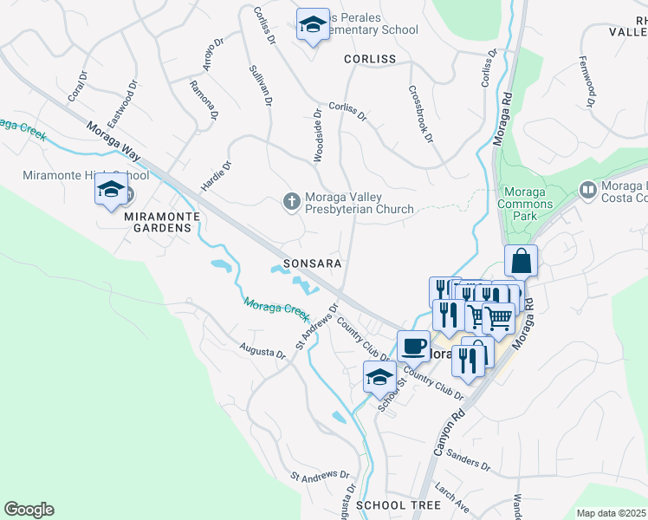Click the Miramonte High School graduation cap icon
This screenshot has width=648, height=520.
pos(111,190)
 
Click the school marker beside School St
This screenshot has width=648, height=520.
pos(379,378)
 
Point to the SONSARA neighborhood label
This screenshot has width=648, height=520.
pos(309,263)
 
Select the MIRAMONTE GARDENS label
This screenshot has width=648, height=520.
pos(157,221)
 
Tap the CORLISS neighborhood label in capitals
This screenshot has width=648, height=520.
pos(369,59)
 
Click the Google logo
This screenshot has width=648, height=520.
pos(29,510)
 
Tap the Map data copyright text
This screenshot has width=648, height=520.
pos(612,513)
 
